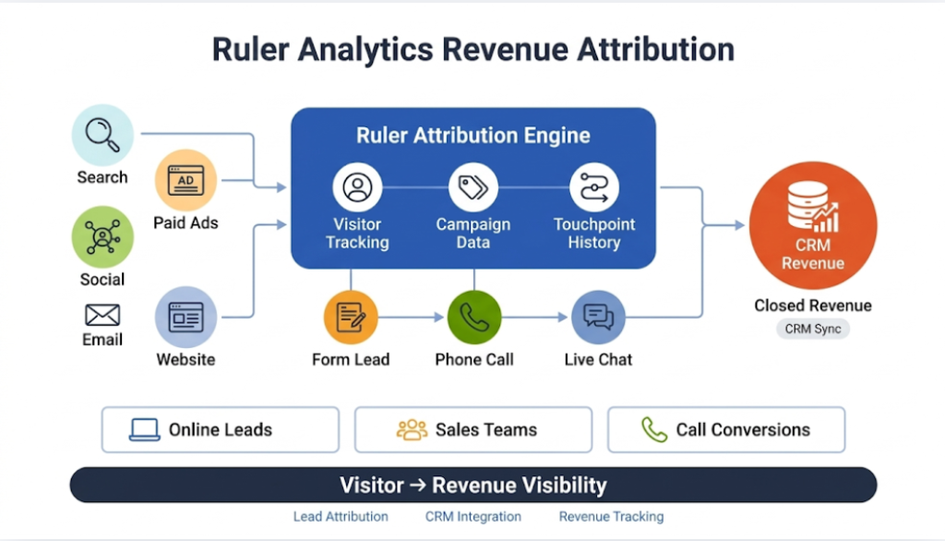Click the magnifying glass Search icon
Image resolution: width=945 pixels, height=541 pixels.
pos(102,135)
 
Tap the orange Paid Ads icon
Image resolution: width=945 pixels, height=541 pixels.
pos(185,181)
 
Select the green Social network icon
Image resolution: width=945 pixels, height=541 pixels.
pos(102,236)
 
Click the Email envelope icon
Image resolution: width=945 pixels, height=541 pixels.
pos(102,316)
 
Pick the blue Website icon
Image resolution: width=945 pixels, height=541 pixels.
pos(185,317)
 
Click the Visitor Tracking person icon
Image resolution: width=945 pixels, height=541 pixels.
pos(357,187)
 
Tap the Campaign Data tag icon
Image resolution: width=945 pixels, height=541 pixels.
pos(473,187)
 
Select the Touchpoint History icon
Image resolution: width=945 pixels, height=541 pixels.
pos(593,187)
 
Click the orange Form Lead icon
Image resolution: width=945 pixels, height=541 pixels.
pos(351,318)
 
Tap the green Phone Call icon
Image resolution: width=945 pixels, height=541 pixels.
pos(473,318)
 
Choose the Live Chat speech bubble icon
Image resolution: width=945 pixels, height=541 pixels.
pos(598,318)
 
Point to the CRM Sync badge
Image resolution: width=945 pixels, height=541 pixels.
pos(812,329)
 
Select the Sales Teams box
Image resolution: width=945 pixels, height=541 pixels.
pos(472,429)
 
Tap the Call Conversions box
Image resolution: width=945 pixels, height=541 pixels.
pos(725,429)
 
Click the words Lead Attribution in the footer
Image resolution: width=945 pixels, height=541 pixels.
pos(341,517)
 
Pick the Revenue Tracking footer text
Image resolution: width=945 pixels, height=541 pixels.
pos(611,517)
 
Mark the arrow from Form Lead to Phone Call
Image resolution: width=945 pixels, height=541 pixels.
pos(411,318)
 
